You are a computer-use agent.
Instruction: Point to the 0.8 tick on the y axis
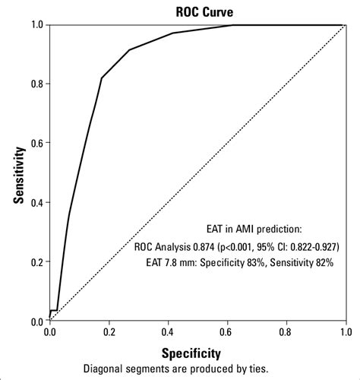(36, 84)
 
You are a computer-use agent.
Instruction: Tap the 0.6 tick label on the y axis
(36, 144)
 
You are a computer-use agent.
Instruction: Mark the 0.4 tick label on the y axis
(36, 203)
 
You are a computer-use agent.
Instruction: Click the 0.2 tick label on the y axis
(36, 262)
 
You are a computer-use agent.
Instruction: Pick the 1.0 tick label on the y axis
(36, 25)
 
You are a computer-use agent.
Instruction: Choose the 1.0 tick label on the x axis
(346, 332)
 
